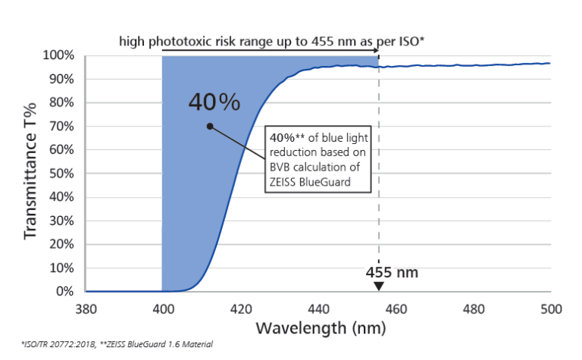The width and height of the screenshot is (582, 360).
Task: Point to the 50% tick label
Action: click(x=61, y=174)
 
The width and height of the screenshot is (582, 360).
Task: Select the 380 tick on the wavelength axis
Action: click(x=86, y=309)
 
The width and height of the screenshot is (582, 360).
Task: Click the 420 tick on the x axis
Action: click(x=241, y=309)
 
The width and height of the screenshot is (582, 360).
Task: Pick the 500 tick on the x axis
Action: click(x=551, y=309)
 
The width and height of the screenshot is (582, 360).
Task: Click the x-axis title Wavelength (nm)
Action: click(x=321, y=329)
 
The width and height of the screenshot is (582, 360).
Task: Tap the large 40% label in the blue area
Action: click(x=214, y=102)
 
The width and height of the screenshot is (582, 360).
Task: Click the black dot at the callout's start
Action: click(x=210, y=127)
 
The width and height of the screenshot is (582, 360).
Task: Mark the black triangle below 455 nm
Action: click(x=379, y=286)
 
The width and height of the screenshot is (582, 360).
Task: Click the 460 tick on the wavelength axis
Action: click(x=396, y=309)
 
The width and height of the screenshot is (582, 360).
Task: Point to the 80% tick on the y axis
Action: click(x=61, y=102)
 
